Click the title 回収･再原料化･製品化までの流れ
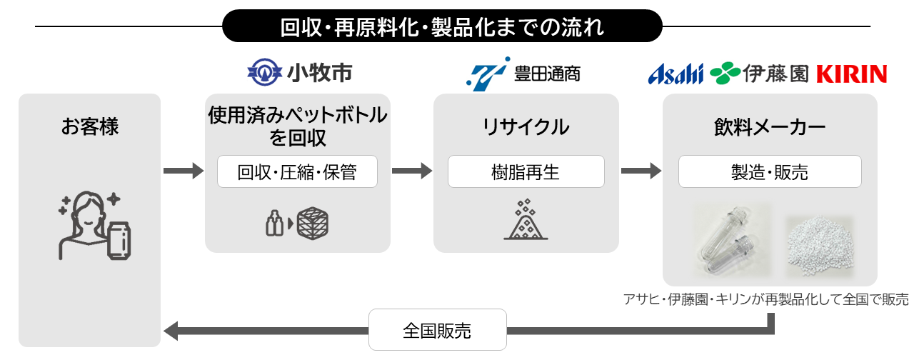tap(443, 26)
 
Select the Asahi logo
tap(676, 73)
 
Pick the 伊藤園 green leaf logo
tap(725, 73)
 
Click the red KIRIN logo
tap(851, 74)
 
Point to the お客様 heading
tap(90, 128)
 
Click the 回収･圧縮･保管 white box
tap(297, 172)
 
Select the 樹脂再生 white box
tap(526, 172)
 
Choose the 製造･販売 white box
tap(770, 172)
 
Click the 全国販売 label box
tap(437, 330)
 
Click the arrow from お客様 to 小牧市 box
tap(184, 171)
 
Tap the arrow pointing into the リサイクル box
tap(412, 171)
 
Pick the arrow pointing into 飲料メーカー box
tap(641, 171)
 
